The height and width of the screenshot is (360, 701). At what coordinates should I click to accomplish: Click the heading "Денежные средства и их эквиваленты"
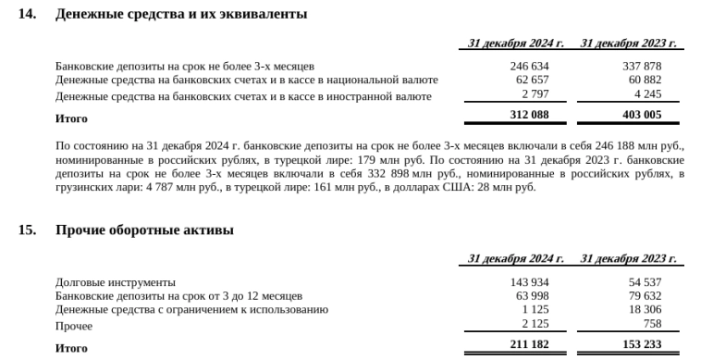181,15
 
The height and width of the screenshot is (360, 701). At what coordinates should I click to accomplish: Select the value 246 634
530,67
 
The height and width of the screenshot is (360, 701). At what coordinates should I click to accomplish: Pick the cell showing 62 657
534,81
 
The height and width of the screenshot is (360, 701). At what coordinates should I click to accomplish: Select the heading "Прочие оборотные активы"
144,230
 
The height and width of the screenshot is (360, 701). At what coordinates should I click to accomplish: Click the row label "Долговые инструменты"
116,282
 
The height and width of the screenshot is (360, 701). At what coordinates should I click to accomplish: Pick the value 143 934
530,282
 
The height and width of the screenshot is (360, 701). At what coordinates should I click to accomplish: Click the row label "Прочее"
74,326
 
